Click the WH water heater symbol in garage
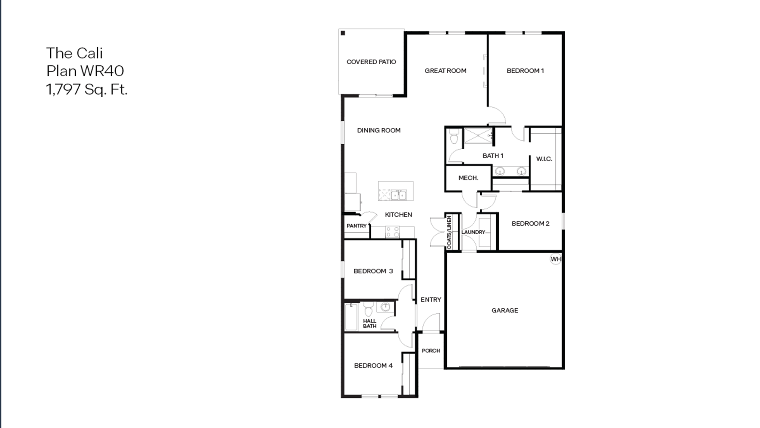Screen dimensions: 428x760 click(x=556, y=259)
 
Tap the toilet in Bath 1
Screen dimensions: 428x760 click(x=454, y=137)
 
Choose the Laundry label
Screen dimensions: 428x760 click(x=473, y=232)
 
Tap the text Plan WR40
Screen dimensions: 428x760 click(x=85, y=71)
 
